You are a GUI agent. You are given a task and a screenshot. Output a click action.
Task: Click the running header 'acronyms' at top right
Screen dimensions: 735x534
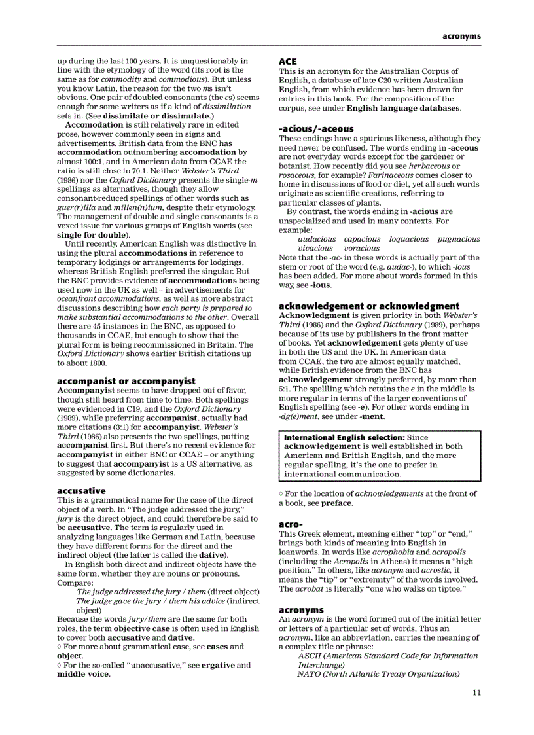[461, 36]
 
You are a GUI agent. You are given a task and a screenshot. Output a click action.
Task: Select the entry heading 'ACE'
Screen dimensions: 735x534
[288, 62]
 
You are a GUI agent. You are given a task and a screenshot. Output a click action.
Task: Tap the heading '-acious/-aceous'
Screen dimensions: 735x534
[316, 129]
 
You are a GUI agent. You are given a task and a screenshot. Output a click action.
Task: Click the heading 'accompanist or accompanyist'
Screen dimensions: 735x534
[126, 381]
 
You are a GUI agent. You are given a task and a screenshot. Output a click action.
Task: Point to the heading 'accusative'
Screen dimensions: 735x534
[81, 490]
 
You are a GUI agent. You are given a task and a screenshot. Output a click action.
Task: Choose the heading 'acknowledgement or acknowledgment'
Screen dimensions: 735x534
[369, 306]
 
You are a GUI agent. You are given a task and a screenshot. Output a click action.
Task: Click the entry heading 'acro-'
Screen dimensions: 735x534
[291, 524]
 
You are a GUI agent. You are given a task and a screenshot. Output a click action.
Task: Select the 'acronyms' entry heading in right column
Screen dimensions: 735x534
[301, 610]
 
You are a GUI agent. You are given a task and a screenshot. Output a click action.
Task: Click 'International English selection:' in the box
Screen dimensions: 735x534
[344, 437]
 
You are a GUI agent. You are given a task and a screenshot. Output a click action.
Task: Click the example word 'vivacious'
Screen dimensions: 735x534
[315, 249]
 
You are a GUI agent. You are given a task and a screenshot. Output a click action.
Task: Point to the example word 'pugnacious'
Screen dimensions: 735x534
[458, 240]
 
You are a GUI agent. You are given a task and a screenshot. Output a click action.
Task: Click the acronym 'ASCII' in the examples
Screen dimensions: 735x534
[310, 656]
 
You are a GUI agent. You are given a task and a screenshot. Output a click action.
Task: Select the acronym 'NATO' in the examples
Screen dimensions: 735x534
[309, 674]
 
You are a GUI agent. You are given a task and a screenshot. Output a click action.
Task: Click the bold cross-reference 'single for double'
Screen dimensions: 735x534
[92, 235]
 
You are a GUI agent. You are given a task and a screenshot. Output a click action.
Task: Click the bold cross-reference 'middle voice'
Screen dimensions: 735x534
[82, 674]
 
